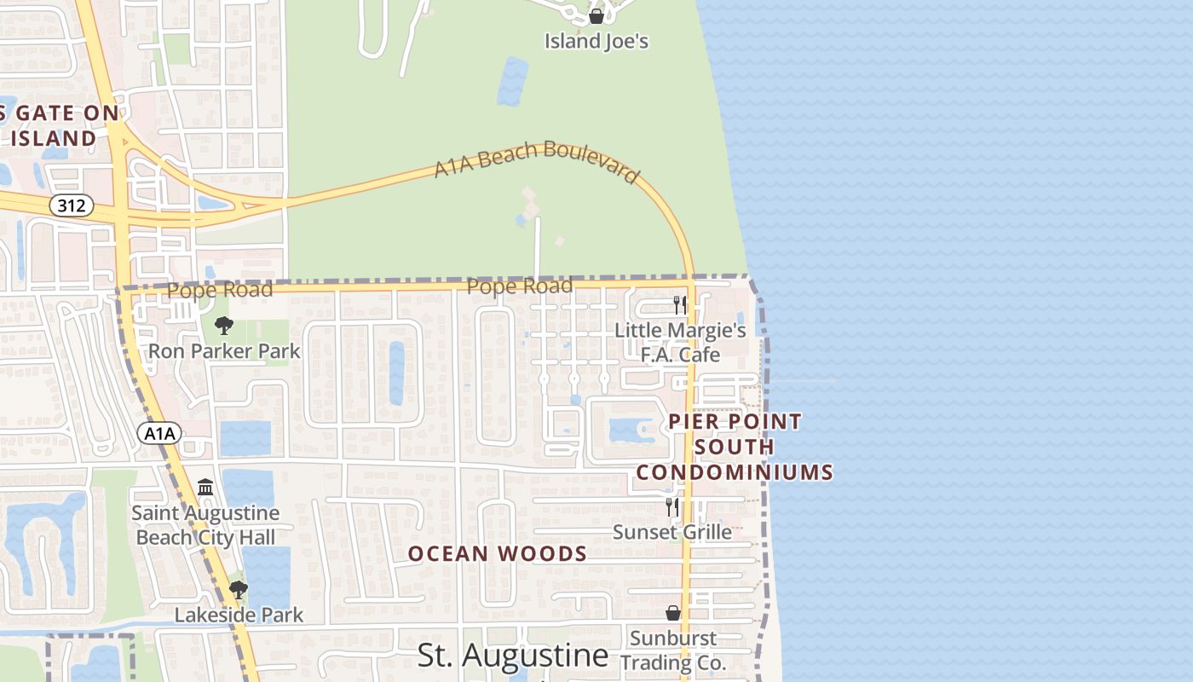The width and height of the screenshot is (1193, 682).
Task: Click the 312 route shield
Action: click(x=71, y=205)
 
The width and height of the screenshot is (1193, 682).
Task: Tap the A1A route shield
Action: click(x=159, y=433)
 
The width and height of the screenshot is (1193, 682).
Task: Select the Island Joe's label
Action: click(x=596, y=41)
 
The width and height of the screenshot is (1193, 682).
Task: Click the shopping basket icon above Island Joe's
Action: click(x=596, y=16)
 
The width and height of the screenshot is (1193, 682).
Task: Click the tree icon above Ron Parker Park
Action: click(x=224, y=325)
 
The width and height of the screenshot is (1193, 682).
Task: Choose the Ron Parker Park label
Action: click(x=224, y=350)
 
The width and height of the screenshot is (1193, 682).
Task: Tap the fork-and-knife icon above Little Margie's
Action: click(x=679, y=304)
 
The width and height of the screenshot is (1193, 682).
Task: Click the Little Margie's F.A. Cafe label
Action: click(x=680, y=342)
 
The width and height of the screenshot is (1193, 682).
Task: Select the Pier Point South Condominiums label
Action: click(x=735, y=447)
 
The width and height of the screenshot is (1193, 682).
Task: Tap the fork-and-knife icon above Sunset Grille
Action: click(x=672, y=506)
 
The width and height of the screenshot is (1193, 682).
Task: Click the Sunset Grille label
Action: click(x=672, y=532)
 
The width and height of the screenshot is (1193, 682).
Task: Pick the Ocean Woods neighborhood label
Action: click(x=498, y=554)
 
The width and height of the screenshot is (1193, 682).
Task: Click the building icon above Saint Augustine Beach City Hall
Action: click(x=205, y=488)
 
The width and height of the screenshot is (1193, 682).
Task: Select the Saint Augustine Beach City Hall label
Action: click(x=206, y=525)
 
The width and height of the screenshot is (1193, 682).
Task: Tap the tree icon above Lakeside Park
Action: click(x=239, y=589)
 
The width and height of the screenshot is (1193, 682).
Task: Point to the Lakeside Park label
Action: click(x=239, y=615)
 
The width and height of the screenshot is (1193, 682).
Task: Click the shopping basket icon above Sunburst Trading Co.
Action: click(x=673, y=613)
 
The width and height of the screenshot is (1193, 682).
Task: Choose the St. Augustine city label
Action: click(x=513, y=656)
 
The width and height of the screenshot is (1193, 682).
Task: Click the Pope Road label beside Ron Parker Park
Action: click(x=220, y=290)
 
